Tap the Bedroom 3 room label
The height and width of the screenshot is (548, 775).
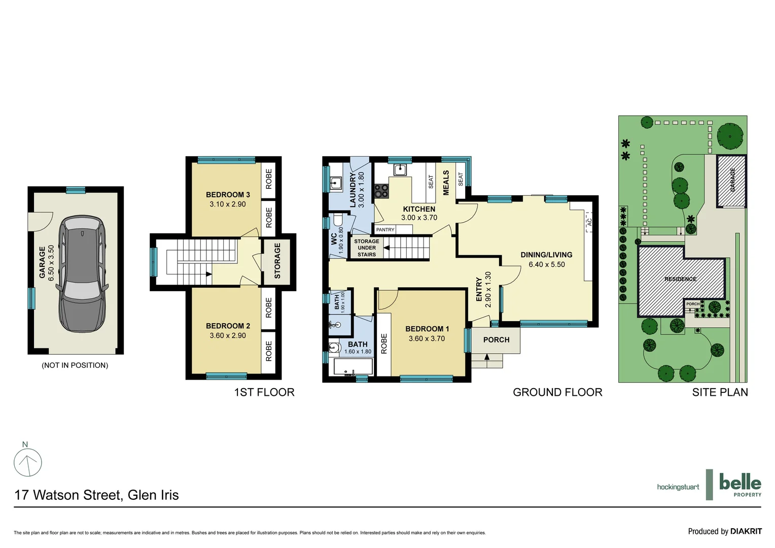[228, 195]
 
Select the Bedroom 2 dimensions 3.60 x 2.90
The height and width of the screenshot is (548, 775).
[228, 335]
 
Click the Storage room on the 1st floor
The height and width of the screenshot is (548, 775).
[277, 261]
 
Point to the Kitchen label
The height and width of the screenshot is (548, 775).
[419, 209]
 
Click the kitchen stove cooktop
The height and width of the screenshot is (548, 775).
[381, 191]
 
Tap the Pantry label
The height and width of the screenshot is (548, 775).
[385, 230]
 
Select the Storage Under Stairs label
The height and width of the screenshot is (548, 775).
[366, 248]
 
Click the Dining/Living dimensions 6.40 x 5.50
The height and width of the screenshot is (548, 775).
[546, 264]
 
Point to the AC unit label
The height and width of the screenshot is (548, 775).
[589, 222]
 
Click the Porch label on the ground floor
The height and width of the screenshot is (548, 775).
[496, 340]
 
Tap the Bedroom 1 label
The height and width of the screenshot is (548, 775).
[427, 329]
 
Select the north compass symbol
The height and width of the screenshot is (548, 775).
[28, 462]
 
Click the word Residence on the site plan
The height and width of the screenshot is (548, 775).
[680, 279]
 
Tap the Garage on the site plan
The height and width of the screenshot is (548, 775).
[732, 181]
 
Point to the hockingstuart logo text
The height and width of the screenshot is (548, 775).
[678, 487]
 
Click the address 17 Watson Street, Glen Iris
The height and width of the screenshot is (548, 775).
[96, 495]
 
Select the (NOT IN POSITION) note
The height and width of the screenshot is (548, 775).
[75, 365]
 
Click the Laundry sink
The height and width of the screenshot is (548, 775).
[336, 183]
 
